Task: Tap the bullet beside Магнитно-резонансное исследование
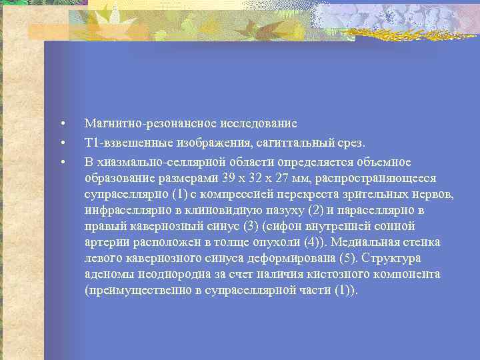(x=61, y=124)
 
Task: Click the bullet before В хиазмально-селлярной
(x=61, y=163)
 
